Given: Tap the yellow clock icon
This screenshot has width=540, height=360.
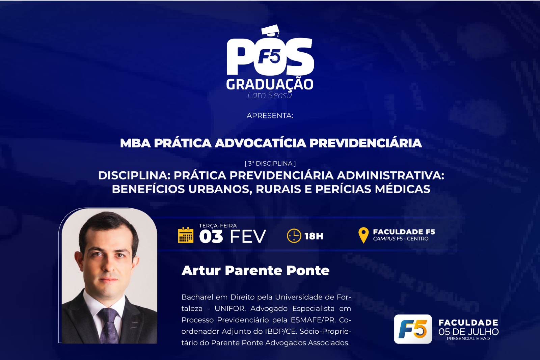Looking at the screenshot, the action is pyautogui.click(x=294, y=236).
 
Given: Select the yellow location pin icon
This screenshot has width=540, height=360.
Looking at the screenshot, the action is pyautogui.click(x=363, y=235).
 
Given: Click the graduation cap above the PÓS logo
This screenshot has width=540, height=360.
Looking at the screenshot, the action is pyautogui.click(x=270, y=31).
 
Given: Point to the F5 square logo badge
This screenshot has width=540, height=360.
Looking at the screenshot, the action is pyautogui.click(x=413, y=329).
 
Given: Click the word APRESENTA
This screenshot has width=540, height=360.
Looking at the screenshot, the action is pyautogui.click(x=270, y=116).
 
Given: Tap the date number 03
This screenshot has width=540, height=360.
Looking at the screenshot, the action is pyautogui.click(x=211, y=237).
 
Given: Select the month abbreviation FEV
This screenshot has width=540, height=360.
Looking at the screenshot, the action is pyautogui.click(x=248, y=237).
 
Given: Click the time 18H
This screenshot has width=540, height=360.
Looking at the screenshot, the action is pyautogui.click(x=314, y=236).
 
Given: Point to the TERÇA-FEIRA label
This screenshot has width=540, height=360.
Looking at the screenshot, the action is pyautogui.click(x=218, y=226).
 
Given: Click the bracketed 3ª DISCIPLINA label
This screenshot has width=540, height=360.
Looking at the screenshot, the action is pyautogui.click(x=270, y=164).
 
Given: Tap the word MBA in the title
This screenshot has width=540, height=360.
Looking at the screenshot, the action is pyautogui.click(x=135, y=143).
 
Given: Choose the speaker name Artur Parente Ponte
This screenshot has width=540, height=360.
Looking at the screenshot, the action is pyautogui.click(x=255, y=271).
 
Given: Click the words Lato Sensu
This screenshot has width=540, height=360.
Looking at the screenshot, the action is pyautogui.click(x=270, y=95).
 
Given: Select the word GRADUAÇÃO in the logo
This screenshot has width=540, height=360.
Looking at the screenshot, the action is pyautogui.click(x=270, y=84).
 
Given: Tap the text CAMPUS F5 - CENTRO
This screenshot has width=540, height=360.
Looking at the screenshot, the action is pyautogui.click(x=401, y=239).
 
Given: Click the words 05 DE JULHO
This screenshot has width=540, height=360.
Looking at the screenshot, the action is pyautogui.click(x=468, y=332).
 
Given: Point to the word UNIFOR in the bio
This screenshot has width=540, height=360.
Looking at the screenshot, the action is pyautogui.click(x=230, y=309).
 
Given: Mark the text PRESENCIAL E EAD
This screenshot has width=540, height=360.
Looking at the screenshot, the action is pyautogui.click(x=468, y=338).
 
